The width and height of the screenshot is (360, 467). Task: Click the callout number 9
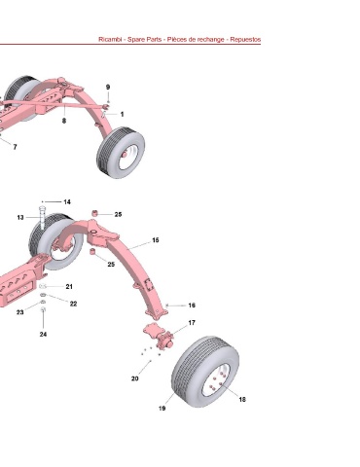pos(108,88)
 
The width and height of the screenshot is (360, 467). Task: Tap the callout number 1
pos(122,114)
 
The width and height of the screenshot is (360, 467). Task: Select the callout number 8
pos(64,121)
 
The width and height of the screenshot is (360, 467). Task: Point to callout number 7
pos(15,147)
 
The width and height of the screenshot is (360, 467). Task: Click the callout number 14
pos(67,201)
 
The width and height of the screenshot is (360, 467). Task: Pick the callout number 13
pos(20,217)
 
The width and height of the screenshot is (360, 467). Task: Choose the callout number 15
pos(156,240)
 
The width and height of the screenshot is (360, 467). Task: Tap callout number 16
pos(192,305)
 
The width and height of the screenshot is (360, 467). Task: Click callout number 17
pos(192,323)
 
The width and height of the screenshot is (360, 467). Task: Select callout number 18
pos(242,399)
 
